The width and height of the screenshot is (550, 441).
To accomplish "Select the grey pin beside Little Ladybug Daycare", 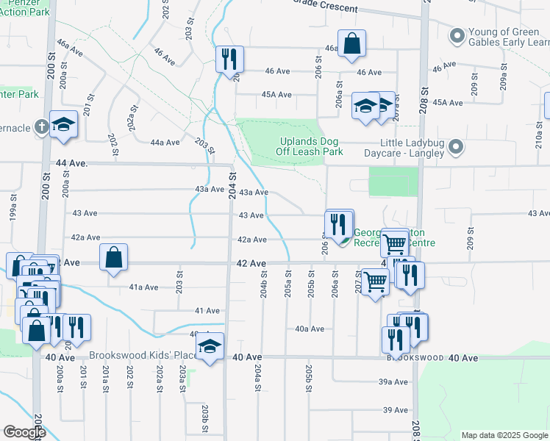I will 457,148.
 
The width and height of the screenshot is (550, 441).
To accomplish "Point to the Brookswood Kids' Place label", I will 143,355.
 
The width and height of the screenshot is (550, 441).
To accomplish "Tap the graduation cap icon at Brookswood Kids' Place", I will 210,346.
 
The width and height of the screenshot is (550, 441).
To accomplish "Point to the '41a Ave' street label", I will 143,287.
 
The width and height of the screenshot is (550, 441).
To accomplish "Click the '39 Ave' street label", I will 395,409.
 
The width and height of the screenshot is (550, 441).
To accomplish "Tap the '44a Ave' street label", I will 165,143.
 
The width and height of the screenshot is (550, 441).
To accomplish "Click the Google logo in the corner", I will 25,432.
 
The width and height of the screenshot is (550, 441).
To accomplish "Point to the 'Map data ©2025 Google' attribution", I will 504,435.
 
